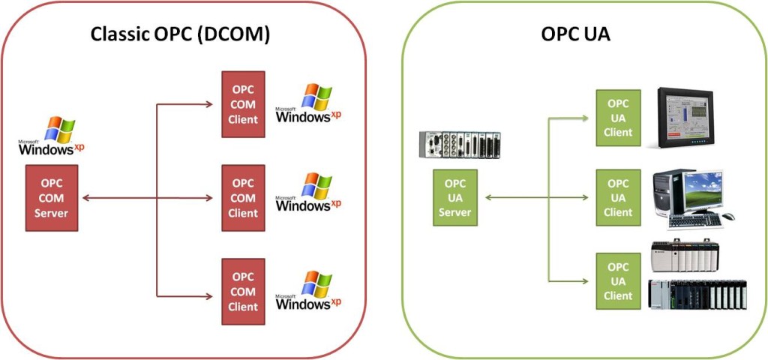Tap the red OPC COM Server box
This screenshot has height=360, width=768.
(51, 197)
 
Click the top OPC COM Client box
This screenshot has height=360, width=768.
(243, 103)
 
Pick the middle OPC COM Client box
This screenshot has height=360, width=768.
(243, 198)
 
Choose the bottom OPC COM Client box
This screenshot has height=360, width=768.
(243, 291)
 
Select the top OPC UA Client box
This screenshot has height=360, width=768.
(618, 117)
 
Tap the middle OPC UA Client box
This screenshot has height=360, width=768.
(618, 197)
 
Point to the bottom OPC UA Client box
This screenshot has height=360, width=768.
(618, 280)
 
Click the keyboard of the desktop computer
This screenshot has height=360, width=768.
(694, 220)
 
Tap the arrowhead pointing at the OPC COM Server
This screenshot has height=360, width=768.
(84, 198)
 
